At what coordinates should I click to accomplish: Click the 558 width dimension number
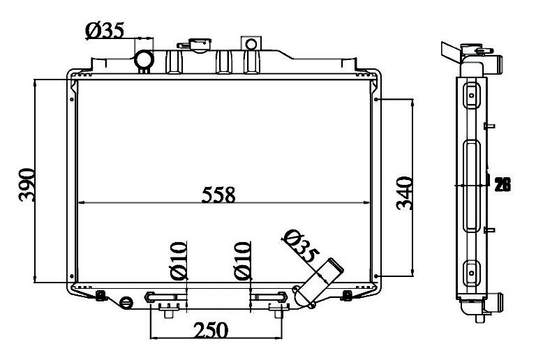[x=218, y=195]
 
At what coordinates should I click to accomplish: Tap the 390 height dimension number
[x=27, y=185]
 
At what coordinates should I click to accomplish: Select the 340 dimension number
[x=404, y=193]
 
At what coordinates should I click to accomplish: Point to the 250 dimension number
[x=211, y=330]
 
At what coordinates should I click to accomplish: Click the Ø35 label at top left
[x=105, y=31]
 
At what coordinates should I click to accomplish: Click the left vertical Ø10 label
[x=179, y=262]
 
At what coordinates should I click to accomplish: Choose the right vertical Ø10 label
[x=242, y=262]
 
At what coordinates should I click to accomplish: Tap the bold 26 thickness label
[x=502, y=185]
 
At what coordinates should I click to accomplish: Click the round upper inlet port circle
[x=144, y=60]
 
